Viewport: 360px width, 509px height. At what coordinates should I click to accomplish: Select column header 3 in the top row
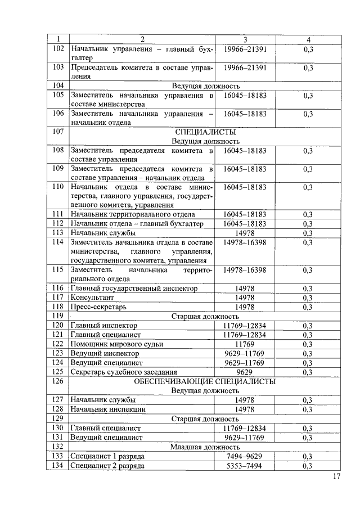pos(245,40)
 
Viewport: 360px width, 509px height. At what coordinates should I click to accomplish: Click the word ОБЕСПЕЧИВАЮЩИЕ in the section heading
pos(170,381)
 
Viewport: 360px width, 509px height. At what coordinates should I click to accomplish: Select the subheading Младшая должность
pos(205,447)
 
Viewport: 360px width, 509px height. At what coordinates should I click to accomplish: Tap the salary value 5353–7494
pos(245,466)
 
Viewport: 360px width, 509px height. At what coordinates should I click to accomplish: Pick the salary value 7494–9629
pos(245,456)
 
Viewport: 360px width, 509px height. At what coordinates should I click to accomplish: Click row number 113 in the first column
pos(57,232)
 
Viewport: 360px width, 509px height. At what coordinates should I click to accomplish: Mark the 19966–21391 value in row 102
pos(245,49)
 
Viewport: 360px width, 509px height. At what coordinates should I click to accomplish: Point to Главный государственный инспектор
pos(134,288)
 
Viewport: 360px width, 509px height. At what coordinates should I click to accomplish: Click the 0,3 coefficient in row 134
pos(308,466)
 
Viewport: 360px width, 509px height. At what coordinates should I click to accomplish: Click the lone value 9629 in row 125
pos(245,372)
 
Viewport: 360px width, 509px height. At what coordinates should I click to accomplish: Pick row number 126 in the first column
pos(57,381)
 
